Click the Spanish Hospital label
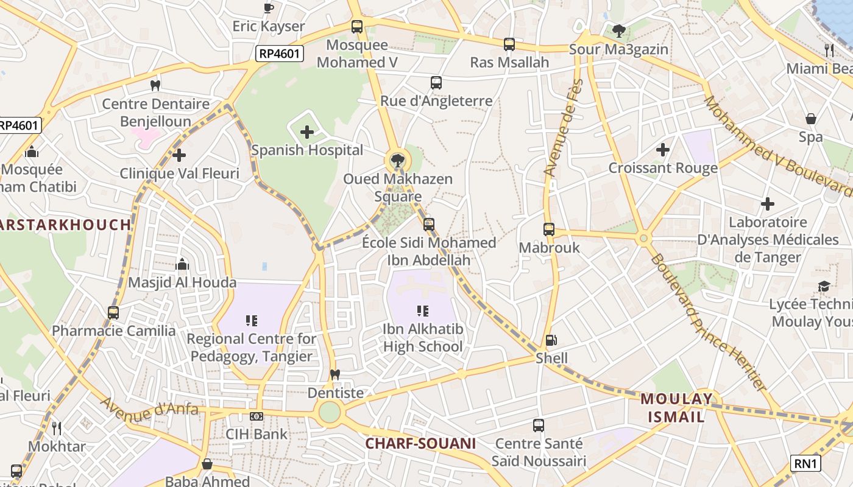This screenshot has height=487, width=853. (307, 150)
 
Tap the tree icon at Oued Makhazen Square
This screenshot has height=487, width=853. (397, 161)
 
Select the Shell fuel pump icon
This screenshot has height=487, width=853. (551, 340)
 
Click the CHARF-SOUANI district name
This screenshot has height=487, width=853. (420, 443)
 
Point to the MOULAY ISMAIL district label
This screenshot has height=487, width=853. (676, 408)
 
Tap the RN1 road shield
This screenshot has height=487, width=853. (805, 463)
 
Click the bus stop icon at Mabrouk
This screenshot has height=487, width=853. (549, 229)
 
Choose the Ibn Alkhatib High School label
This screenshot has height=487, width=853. (423, 338)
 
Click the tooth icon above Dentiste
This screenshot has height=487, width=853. (334, 374)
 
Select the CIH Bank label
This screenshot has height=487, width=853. (257, 434)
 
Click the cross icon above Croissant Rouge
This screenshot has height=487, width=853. (663, 149)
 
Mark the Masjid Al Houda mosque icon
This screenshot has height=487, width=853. (182, 264)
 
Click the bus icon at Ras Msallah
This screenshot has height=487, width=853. (509, 44)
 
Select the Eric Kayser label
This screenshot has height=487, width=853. (269, 26)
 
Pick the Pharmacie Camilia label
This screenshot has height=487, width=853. (114, 331)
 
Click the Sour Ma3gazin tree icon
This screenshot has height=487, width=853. (619, 30)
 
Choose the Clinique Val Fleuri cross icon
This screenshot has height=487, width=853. (179, 155)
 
